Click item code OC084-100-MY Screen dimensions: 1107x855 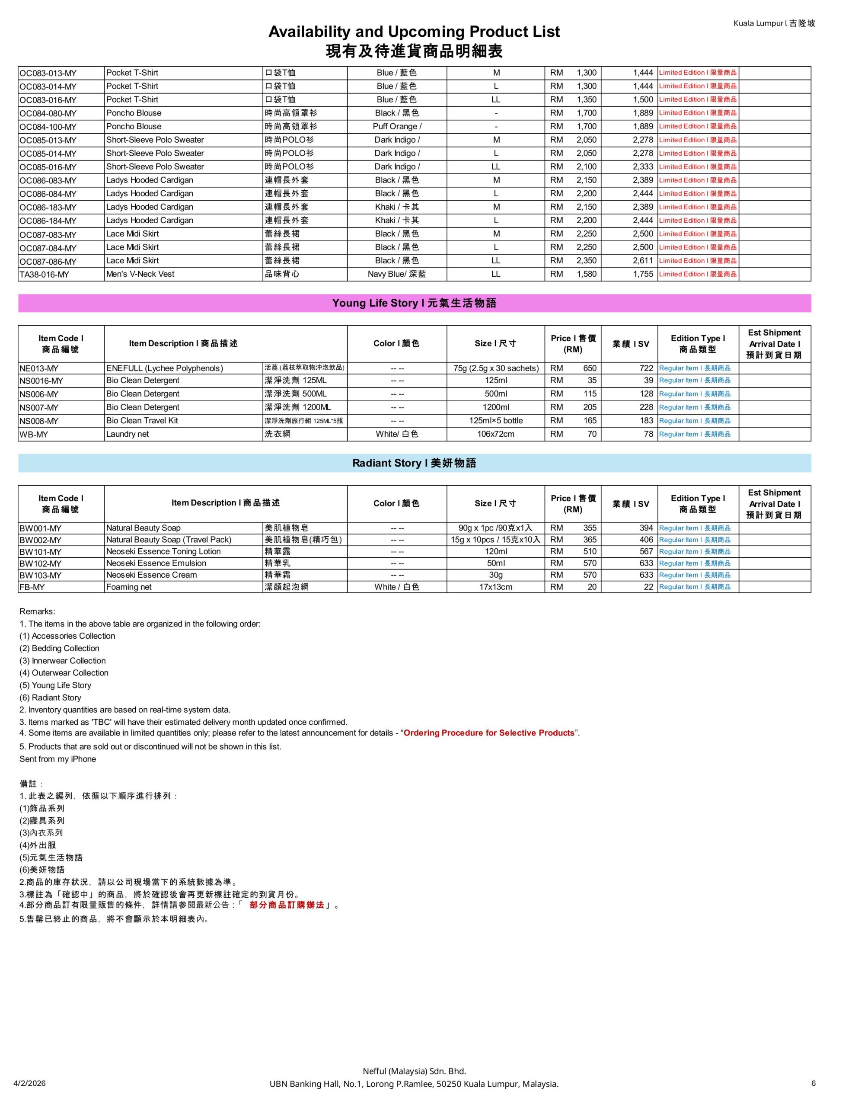click(x=48, y=127)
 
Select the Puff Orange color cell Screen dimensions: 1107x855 click(x=396, y=126)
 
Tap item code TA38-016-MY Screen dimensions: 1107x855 click(x=44, y=275)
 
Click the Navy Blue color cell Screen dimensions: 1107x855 click(x=396, y=274)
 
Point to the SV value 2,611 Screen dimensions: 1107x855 click(x=643, y=260)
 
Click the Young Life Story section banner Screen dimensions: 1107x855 click(x=414, y=303)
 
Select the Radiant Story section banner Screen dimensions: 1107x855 click(x=414, y=463)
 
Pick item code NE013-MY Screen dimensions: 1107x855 click(x=39, y=368)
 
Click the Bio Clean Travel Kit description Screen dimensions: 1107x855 click(x=142, y=421)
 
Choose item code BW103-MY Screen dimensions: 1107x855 click(x=41, y=575)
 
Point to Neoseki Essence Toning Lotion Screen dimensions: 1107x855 click(x=163, y=551)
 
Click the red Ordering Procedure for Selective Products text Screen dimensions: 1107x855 click(x=488, y=733)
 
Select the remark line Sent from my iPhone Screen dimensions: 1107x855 click(x=58, y=759)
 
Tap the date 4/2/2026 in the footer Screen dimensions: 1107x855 click(x=29, y=1083)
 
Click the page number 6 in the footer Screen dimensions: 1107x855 click(x=814, y=1083)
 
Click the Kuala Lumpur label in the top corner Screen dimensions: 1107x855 click(x=774, y=23)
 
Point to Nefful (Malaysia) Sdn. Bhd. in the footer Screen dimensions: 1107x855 click(x=414, y=1071)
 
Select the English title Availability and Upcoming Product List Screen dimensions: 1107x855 click(x=414, y=32)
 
